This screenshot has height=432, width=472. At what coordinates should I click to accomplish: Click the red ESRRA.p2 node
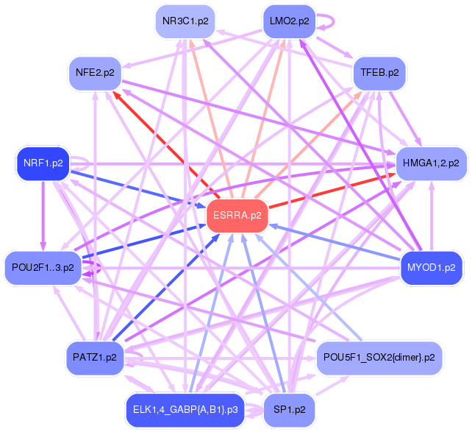(237, 216)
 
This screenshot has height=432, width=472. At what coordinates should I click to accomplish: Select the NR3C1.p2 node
(185, 21)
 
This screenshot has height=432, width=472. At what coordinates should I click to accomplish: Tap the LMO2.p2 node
(290, 21)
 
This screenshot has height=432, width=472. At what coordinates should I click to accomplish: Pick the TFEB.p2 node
(380, 73)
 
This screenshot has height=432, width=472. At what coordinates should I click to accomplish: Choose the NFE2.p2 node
(95, 73)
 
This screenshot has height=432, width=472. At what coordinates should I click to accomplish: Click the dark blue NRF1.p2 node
(43, 163)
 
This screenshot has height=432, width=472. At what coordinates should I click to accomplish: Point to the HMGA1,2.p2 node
(431, 163)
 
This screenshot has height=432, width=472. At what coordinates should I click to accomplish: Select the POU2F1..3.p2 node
(42, 267)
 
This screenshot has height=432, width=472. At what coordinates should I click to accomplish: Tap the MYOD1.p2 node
(431, 267)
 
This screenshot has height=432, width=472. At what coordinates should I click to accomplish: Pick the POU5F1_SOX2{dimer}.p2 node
(380, 357)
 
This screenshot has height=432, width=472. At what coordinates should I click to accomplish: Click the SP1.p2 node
(290, 408)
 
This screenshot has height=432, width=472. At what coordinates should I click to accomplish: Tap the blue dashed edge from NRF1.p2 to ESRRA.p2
(140, 189)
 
